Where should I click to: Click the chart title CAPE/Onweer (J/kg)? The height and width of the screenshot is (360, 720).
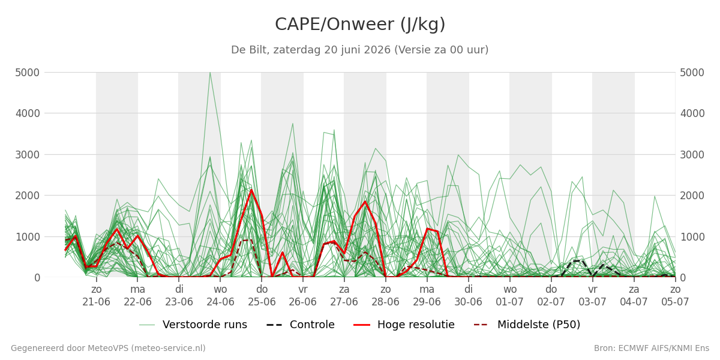360,25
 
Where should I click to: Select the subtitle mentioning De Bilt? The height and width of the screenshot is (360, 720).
359,50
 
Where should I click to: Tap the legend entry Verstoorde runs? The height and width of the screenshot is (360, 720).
193,325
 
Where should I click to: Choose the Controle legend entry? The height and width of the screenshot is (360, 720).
301,325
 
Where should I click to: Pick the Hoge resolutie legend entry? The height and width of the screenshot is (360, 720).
404,325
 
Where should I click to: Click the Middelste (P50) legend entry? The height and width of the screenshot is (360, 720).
527,325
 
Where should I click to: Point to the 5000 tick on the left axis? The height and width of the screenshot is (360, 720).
28,73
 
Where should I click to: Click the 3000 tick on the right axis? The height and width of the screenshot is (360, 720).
692,155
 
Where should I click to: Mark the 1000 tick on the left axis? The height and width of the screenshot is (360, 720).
28,237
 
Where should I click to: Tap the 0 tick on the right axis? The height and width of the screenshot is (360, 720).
683,278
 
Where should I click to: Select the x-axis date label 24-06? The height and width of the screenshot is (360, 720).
220,302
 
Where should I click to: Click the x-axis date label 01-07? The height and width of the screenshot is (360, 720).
509,302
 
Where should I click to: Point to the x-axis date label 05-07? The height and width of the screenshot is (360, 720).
675,302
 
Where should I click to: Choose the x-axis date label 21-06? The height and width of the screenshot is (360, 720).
96,302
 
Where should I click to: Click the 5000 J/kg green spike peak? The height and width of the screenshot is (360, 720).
210,73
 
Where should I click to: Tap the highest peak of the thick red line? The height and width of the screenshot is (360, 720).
251,190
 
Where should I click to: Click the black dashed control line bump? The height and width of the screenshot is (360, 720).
577,260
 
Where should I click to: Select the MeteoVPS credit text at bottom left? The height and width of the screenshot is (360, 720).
108,348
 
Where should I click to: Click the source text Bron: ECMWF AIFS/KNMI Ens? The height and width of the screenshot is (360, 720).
651,348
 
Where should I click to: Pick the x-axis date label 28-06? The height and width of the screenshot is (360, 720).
385,302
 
